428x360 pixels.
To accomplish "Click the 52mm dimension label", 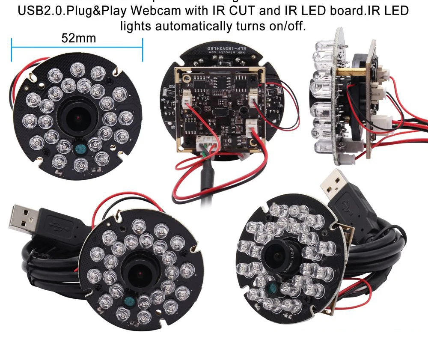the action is click(79, 39).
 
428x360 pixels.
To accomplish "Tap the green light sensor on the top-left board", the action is click(80, 149).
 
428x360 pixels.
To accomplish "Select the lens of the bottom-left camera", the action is click(137, 274).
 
